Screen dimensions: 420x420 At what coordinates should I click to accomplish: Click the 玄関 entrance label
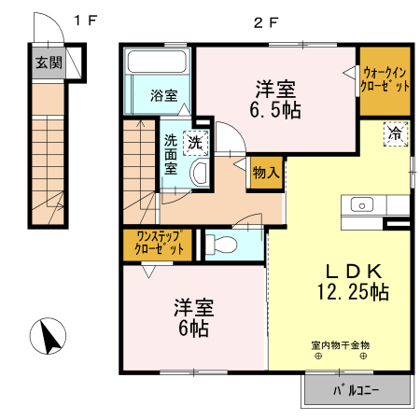click(x=49, y=63)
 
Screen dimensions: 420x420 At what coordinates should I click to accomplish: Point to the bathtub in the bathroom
click(x=158, y=65)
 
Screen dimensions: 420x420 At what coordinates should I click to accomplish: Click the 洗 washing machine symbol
click(x=195, y=143)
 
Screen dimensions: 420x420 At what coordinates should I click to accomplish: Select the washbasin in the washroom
click(x=199, y=174)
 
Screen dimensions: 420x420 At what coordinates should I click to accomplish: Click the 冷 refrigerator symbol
click(x=395, y=133)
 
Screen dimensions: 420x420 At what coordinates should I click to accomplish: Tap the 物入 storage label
click(x=266, y=173)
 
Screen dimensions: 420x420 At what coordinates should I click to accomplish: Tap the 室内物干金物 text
click(x=340, y=345)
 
